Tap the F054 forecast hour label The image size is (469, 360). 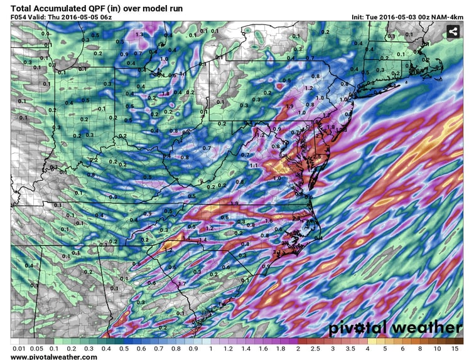20,16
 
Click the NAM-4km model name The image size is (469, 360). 447,16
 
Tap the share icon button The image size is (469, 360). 453,32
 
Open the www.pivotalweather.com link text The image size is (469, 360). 54,357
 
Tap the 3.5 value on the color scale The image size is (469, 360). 350,349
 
